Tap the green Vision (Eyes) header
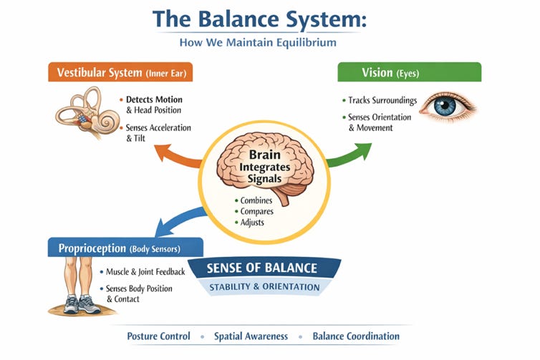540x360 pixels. (409, 72)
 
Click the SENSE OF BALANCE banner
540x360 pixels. (261, 268)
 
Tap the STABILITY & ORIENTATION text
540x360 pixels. (264, 288)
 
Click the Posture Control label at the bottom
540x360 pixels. (158, 336)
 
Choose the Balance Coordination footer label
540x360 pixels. (355, 336)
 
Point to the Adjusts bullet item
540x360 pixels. (251, 223)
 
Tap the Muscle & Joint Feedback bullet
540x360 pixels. (145, 272)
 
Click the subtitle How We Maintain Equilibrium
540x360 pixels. (269, 43)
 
